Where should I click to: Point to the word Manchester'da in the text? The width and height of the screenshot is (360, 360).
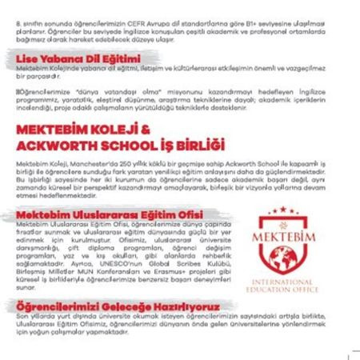coord(87,162)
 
